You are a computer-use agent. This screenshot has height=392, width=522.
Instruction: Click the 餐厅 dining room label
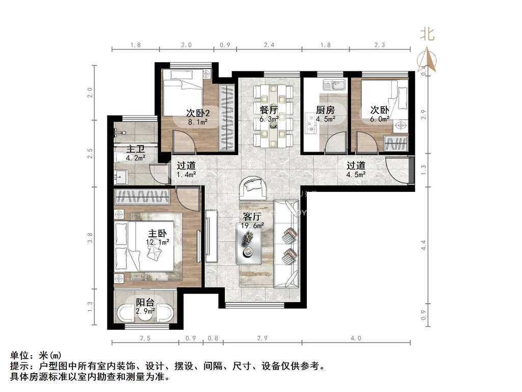pyautogui.click(x=269, y=110)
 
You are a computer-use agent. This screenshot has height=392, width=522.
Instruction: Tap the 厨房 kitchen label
pyautogui.click(x=325, y=110)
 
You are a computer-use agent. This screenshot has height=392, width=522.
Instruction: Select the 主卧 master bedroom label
pyautogui.click(x=158, y=233)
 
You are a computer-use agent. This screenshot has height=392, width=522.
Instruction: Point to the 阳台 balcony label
pyautogui.click(x=145, y=302)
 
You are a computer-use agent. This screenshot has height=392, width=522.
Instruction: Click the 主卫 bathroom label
pyautogui.click(x=135, y=149)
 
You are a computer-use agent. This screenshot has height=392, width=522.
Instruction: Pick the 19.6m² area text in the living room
pyautogui.click(x=252, y=226)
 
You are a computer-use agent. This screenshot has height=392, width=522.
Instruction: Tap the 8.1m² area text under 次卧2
pyautogui.click(x=198, y=122)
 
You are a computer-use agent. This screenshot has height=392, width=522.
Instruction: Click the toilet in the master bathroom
pyautogui.click(x=120, y=157)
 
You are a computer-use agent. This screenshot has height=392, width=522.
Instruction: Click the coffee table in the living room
pyautogui.click(x=249, y=243)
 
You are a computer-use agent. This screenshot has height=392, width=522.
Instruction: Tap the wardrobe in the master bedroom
pyautogui.click(x=142, y=197)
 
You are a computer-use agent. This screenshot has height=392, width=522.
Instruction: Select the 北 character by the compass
pyautogui.click(x=427, y=34)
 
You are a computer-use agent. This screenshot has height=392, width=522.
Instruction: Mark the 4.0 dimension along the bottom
pyautogui.click(x=355, y=338)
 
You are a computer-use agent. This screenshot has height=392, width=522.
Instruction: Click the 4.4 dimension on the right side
pyautogui.click(x=424, y=246)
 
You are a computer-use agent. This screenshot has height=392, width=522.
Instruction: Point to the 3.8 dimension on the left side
pyautogui.click(x=90, y=238)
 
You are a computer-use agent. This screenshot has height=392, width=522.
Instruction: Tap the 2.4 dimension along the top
pyautogui.click(x=269, y=45)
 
